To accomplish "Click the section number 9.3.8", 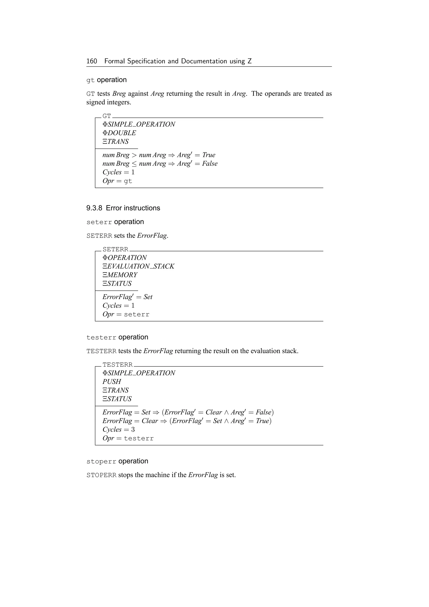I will coord(94,208).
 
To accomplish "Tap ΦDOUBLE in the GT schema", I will coord(119,133).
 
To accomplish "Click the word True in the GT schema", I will coord(209,155).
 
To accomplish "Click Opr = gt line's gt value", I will coord(128,181).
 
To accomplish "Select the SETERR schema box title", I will coord(115,249).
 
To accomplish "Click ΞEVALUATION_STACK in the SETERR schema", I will coord(138,266).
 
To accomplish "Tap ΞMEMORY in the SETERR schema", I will coord(120,275).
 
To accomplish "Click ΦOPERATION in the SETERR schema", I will coord(124,258).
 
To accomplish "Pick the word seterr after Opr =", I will coord(137,315).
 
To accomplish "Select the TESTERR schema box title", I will coord(118,365).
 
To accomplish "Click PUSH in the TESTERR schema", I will coord(112,382).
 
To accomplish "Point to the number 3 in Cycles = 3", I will coord(133,430).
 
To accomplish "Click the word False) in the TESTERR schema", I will coord(264,412).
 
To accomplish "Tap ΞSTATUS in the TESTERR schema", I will coord(117,399).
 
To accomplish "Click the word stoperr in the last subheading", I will coord(101,462).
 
